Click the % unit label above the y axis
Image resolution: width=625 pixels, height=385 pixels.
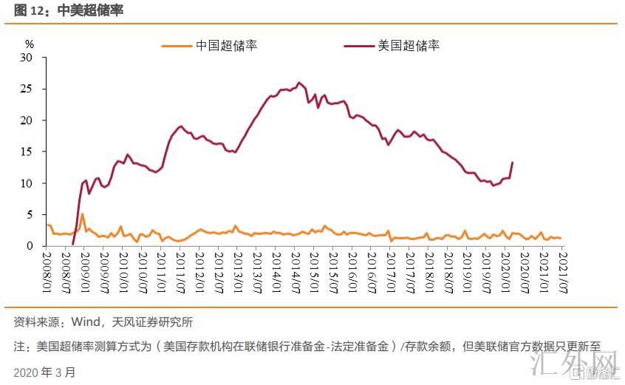click(30, 44)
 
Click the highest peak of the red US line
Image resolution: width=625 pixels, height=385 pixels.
click(298, 83)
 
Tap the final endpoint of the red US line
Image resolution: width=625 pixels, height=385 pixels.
click(512, 163)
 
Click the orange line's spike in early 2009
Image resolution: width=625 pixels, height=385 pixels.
click(82, 214)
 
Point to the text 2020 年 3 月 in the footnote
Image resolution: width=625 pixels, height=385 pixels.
click(44, 372)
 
